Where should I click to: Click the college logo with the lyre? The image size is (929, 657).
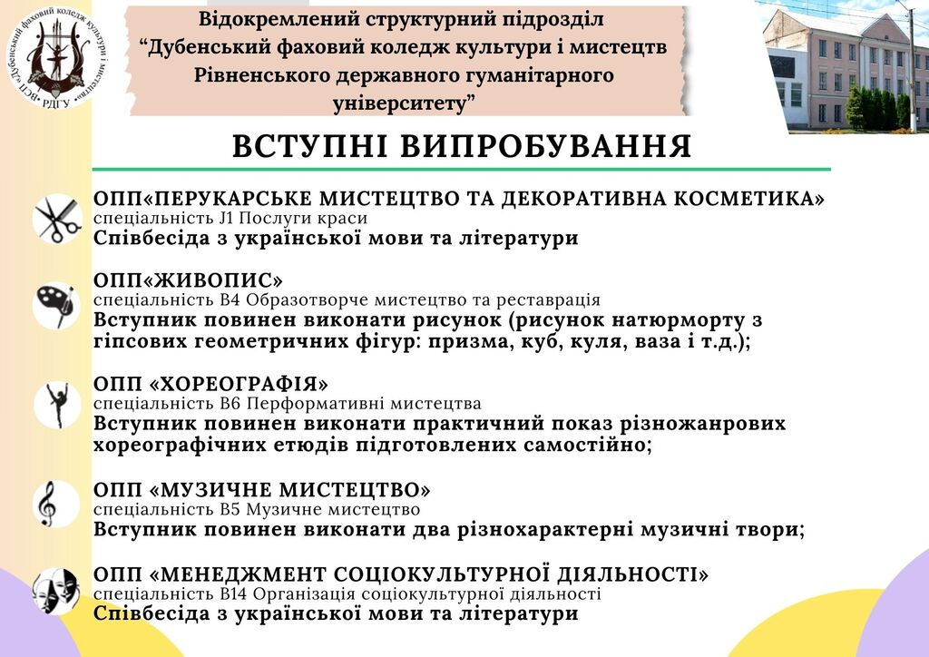(x=57, y=57)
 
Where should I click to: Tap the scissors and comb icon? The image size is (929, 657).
(x=57, y=219)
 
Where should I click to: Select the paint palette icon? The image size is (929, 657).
(x=57, y=305)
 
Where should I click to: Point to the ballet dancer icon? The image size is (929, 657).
(x=57, y=406)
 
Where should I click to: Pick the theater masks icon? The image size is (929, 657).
(x=56, y=590)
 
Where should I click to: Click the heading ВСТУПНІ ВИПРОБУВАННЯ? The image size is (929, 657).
(x=462, y=146)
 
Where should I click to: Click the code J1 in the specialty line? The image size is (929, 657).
(x=227, y=218)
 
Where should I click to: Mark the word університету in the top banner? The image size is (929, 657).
(x=400, y=103)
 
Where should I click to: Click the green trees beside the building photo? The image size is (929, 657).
(x=878, y=108)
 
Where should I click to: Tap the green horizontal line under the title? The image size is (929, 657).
(x=462, y=170)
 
